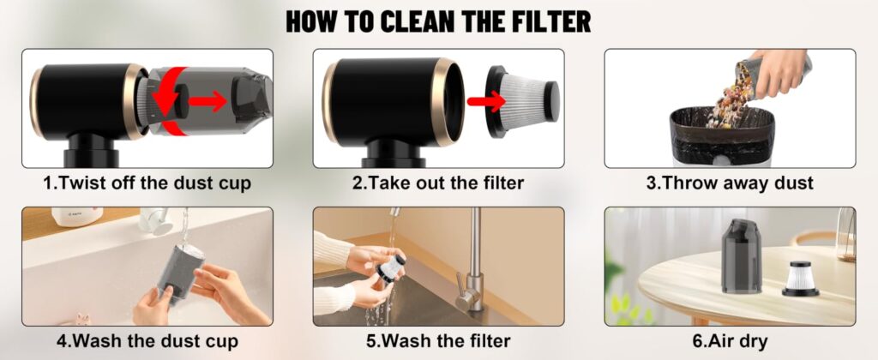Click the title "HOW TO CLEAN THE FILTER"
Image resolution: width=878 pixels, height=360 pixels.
438,21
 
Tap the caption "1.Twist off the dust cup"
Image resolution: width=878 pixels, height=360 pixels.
147,183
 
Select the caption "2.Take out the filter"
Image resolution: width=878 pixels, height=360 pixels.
438,183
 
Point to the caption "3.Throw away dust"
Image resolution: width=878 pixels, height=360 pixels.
730,183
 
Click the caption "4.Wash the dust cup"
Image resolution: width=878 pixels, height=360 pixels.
147,341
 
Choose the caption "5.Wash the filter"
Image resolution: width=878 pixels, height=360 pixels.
438,341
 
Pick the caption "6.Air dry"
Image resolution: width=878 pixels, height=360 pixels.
730,341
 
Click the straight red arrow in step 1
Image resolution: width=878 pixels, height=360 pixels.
207,102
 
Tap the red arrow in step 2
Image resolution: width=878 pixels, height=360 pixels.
483,102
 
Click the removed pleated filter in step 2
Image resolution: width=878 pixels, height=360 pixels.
522,102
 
